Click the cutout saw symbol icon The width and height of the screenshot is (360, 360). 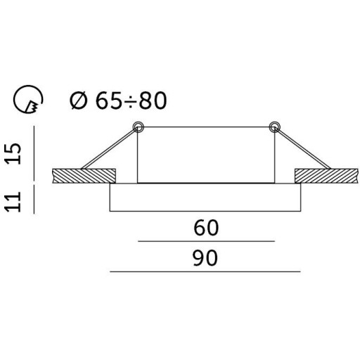click(28, 99)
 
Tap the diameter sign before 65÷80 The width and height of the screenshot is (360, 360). click(79, 101)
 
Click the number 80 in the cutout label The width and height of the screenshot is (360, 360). click(153, 101)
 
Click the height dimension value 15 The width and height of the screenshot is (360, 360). click(13, 153)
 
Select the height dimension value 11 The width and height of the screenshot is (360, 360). click(13, 202)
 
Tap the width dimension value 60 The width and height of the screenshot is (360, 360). click(206, 228)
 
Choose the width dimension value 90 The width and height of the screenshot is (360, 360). click(205, 258)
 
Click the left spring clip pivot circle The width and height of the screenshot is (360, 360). click(138, 127)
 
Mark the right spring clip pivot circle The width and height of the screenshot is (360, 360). click(274, 127)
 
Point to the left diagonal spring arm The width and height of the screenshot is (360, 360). click(109, 149)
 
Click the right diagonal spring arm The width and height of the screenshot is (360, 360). click(302, 148)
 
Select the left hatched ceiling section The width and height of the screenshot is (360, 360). click(84, 176)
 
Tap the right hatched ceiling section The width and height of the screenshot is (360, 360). click(327, 176)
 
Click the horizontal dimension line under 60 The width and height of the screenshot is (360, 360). click(206, 241)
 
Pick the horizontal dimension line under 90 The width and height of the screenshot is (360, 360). click(205, 271)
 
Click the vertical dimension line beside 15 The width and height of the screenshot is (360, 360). click(34, 153)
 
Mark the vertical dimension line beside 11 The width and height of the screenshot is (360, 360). click(34, 199)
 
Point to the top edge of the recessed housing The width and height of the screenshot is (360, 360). click(206, 127)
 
